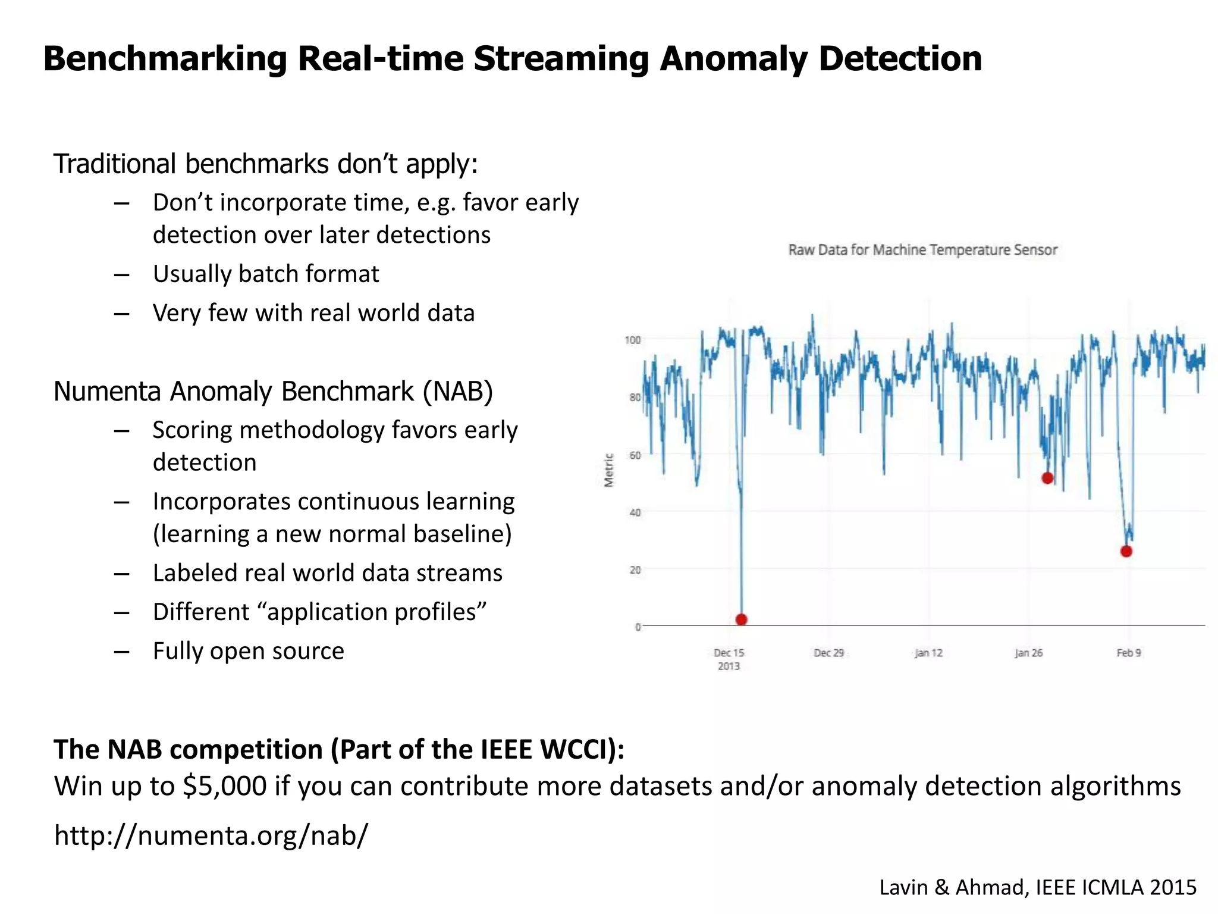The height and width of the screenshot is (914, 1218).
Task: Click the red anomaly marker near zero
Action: [x=741, y=619]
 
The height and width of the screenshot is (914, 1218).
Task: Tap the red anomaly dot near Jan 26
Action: [x=1047, y=478]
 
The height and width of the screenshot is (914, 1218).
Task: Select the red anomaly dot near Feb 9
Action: [x=1126, y=552]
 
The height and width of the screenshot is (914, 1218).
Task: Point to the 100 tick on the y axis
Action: [x=632, y=340]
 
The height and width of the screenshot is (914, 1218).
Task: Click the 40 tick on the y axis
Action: [x=635, y=512]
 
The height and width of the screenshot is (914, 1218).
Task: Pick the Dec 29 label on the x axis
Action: [x=828, y=653]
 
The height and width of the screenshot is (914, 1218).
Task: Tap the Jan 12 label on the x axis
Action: [x=928, y=653]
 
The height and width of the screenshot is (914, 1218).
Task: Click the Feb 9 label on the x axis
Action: [x=1128, y=653]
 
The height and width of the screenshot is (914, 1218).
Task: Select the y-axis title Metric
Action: [x=608, y=470]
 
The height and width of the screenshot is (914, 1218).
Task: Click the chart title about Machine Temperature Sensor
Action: [x=922, y=250]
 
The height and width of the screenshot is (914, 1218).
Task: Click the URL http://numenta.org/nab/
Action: [x=211, y=835]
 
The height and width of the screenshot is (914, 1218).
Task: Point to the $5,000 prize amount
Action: [x=225, y=786]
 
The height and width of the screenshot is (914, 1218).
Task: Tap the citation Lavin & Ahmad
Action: [x=1037, y=887]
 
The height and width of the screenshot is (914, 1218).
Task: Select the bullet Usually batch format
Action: [x=266, y=274]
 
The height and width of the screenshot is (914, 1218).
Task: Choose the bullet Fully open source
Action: [x=248, y=651]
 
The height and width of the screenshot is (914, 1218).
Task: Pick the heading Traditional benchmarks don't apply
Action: [x=266, y=164]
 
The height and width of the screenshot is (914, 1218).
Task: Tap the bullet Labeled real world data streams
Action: [x=327, y=573]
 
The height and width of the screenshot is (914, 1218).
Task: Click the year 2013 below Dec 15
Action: [x=729, y=666]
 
